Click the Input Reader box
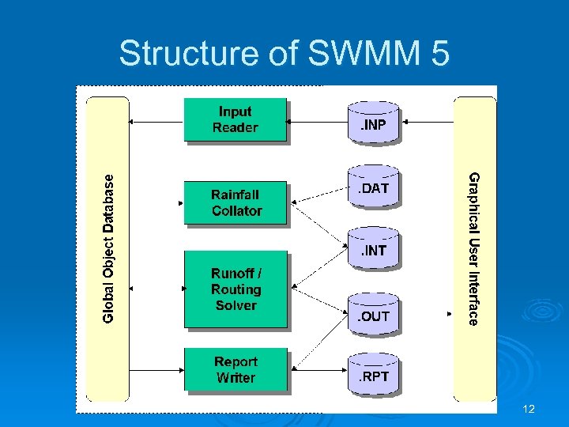(235, 119)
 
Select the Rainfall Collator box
(236, 202)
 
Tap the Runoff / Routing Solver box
(236, 289)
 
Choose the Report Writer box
(236, 370)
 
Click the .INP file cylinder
(375, 123)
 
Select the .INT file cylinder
(375, 251)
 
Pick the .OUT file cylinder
(375, 316)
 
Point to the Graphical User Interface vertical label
(473, 248)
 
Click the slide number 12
(529, 409)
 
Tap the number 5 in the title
(440, 54)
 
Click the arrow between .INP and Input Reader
(317, 121)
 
